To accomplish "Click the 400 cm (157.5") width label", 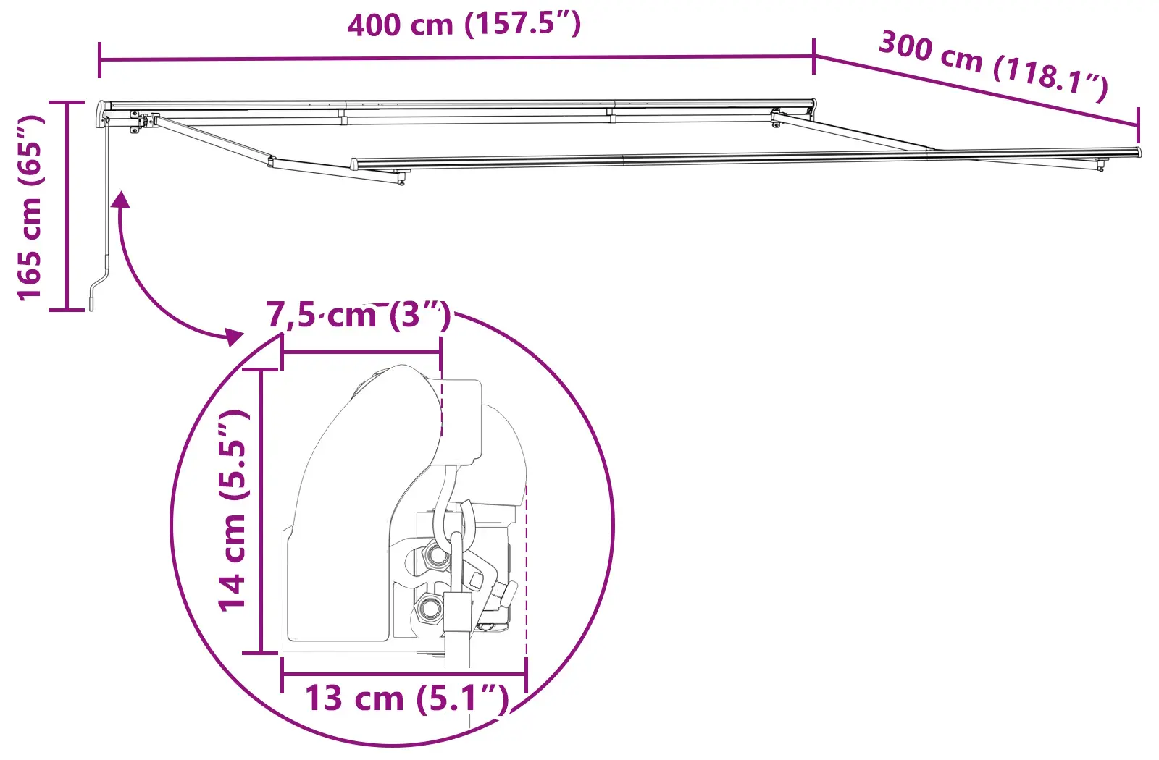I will tap(464, 25).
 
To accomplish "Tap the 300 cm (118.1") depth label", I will tap(993, 64).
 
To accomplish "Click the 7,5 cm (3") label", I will tap(359, 316).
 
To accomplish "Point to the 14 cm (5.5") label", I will tap(233, 510).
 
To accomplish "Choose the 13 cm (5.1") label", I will tap(406, 698).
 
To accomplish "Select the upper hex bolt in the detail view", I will tap(436, 556).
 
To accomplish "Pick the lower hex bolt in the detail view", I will tap(430, 607).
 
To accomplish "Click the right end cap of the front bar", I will tap(1138, 152).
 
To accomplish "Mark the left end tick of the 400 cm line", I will tap(99, 60).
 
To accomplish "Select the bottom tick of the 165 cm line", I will tap(67, 310).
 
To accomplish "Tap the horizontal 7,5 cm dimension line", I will tap(361, 352).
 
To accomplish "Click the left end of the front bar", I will tap(355, 164).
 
